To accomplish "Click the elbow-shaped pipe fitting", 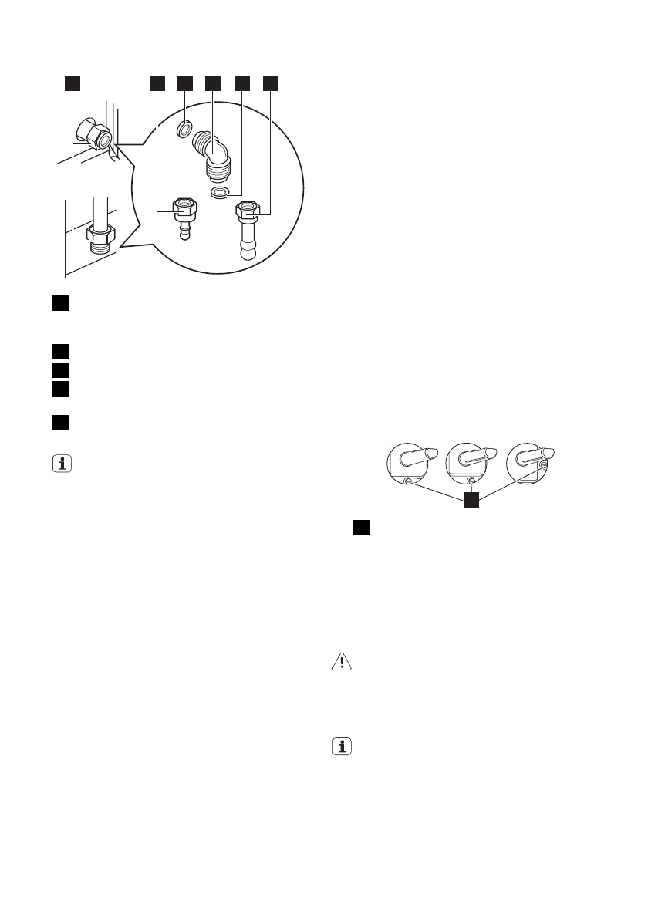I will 213,154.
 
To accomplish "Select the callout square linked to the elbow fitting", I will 213,83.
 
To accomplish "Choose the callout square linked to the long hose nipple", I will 272,83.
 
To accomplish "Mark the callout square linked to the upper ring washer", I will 185,83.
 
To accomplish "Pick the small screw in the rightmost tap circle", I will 543,466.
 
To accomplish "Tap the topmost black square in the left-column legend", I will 60,302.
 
